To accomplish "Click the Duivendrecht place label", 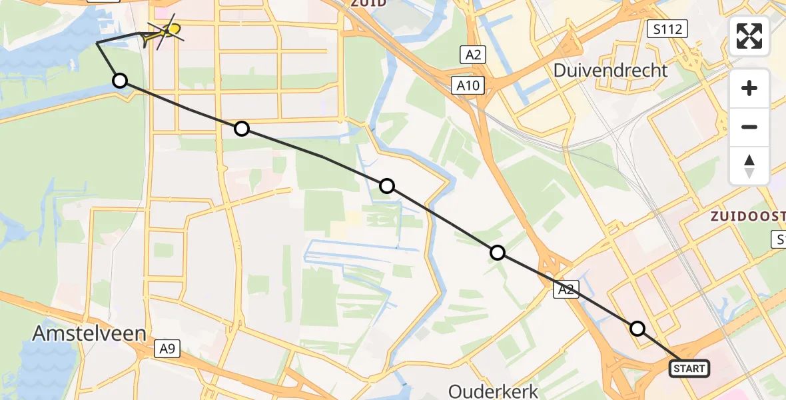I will point(611,70).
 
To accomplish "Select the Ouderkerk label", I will point(493,390).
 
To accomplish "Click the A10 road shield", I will point(470,85).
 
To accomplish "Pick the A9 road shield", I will point(168,347).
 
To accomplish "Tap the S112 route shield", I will point(667,28).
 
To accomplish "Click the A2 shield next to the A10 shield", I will point(474,55).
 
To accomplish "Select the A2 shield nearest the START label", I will point(566,289).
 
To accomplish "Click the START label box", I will point(689,369).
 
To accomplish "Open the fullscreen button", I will point(749,35).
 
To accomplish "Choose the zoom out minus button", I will point(749,127).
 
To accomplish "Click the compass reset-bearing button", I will point(749,166).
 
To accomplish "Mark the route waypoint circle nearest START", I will point(637,329).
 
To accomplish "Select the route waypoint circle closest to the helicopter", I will point(120,81).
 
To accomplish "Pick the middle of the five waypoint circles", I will point(387,186).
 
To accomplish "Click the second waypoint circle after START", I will point(497,253).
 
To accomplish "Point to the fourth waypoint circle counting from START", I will point(242,129).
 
